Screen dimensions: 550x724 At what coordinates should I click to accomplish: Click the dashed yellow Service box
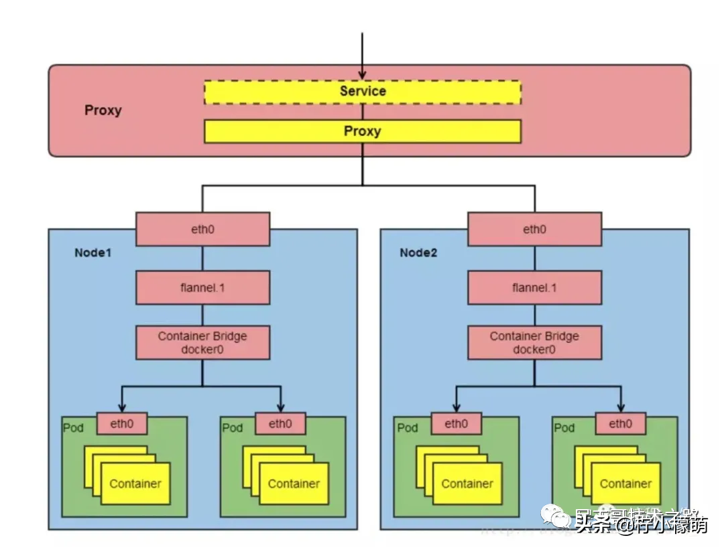[x=362, y=92]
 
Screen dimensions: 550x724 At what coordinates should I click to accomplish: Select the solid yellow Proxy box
[x=362, y=131]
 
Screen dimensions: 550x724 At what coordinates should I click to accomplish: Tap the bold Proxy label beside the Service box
[x=103, y=111]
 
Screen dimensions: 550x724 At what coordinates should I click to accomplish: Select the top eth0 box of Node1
[x=202, y=229]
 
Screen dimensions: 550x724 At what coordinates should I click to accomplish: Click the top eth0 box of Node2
[x=534, y=229]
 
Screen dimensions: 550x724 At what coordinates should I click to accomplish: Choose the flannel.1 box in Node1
[x=202, y=287]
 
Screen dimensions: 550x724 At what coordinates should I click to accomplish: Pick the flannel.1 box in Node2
[x=534, y=287]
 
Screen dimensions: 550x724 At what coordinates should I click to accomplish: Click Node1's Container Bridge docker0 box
[x=202, y=342]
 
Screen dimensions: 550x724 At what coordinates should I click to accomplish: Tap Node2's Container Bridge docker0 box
[x=534, y=342]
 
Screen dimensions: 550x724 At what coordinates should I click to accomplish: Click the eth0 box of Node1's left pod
[x=122, y=423]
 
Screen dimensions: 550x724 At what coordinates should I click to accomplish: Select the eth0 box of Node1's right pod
[x=280, y=423]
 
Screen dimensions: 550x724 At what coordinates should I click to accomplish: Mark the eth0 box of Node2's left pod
[x=455, y=423]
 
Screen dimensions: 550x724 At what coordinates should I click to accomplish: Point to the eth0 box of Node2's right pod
[x=620, y=423]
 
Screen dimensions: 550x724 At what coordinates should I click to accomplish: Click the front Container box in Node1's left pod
[x=135, y=484]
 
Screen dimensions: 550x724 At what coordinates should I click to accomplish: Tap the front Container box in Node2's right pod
[x=625, y=484]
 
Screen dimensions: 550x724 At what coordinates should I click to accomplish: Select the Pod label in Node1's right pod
[x=233, y=428]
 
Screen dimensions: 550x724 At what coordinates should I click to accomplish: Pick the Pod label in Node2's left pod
[x=407, y=428]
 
